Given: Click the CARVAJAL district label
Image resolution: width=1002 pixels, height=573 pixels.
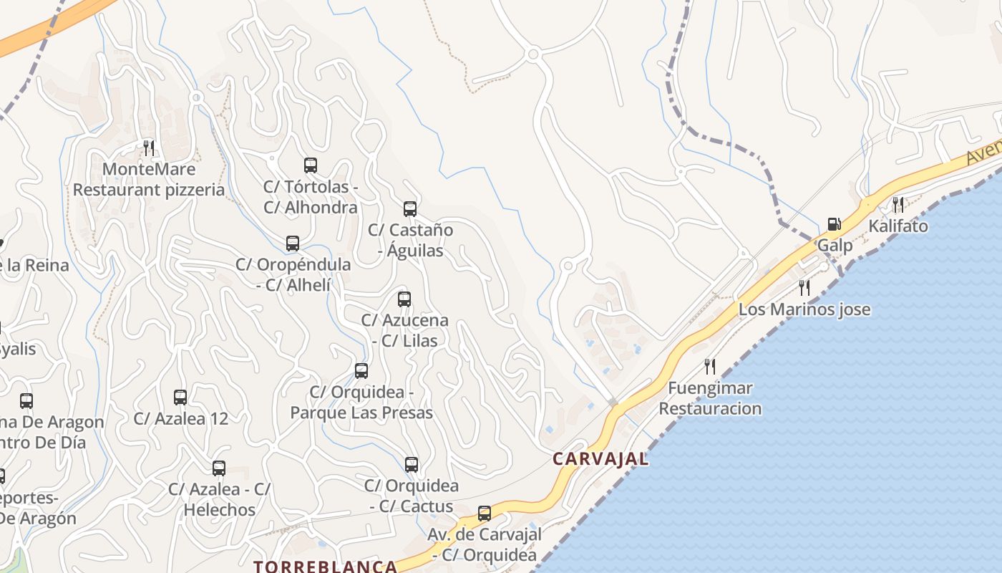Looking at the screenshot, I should (x=600, y=459).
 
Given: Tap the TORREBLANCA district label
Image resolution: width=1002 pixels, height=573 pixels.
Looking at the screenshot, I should (x=325, y=567).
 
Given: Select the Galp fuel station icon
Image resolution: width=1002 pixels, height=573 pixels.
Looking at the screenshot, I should (x=834, y=225).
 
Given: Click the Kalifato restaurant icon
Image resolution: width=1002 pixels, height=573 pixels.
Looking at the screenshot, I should (x=898, y=205).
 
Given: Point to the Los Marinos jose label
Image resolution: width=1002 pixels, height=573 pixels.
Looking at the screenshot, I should (x=804, y=309).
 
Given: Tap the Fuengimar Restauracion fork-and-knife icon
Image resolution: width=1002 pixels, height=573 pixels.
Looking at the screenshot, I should (x=710, y=367).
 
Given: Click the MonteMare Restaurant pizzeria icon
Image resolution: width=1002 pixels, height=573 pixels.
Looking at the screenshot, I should (x=149, y=148).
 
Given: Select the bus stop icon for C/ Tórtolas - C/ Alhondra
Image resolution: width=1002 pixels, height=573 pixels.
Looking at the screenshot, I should (x=311, y=165).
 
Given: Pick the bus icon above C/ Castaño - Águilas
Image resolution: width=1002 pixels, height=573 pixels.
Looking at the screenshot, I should (x=410, y=209).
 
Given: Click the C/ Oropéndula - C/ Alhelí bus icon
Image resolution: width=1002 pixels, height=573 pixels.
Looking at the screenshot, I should (x=293, y=244).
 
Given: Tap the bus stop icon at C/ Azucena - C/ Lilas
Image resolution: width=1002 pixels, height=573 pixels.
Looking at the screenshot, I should (x=404, y=299).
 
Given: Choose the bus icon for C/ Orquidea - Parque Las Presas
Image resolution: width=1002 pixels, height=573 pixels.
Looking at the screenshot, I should (x=361, y=371).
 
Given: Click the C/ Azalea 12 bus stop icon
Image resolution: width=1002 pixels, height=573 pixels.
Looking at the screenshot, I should (x=180, y=398).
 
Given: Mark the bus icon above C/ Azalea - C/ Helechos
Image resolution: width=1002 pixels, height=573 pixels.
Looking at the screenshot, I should (x=219, y=468).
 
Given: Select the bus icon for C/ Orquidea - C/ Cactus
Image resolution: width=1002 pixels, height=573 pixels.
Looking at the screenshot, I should (x=412, y=465).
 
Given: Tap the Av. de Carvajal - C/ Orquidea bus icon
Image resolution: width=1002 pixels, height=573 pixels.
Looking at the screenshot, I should (x=485, y=514).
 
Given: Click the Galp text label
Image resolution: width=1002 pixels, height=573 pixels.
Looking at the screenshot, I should (x=835, y=246).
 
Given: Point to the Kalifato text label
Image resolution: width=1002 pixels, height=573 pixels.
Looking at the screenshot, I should (x=898, y=226).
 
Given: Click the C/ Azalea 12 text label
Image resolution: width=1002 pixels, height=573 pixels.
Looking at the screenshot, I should (x=180, y=418).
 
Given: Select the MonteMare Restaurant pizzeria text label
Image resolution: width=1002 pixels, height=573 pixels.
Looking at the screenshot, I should (x=149, y=180).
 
